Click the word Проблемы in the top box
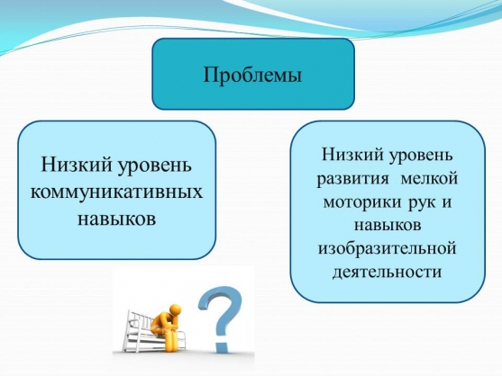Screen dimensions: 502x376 (252, 75)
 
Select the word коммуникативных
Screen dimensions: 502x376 (116, 192)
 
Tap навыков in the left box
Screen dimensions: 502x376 (116, 219)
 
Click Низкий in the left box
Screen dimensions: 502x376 (77, 166)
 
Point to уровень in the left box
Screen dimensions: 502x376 (155, 166)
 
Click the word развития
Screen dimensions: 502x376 (352, 179)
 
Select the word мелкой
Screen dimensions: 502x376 (429, 178)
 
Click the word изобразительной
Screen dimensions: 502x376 (387, 248)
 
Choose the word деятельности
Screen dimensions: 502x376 (387, 273)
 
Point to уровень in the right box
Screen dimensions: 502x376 (421, 156)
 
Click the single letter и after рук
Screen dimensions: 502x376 (446, 202)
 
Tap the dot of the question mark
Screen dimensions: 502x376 (221, 346)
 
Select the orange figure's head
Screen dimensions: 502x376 (175, 309)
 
